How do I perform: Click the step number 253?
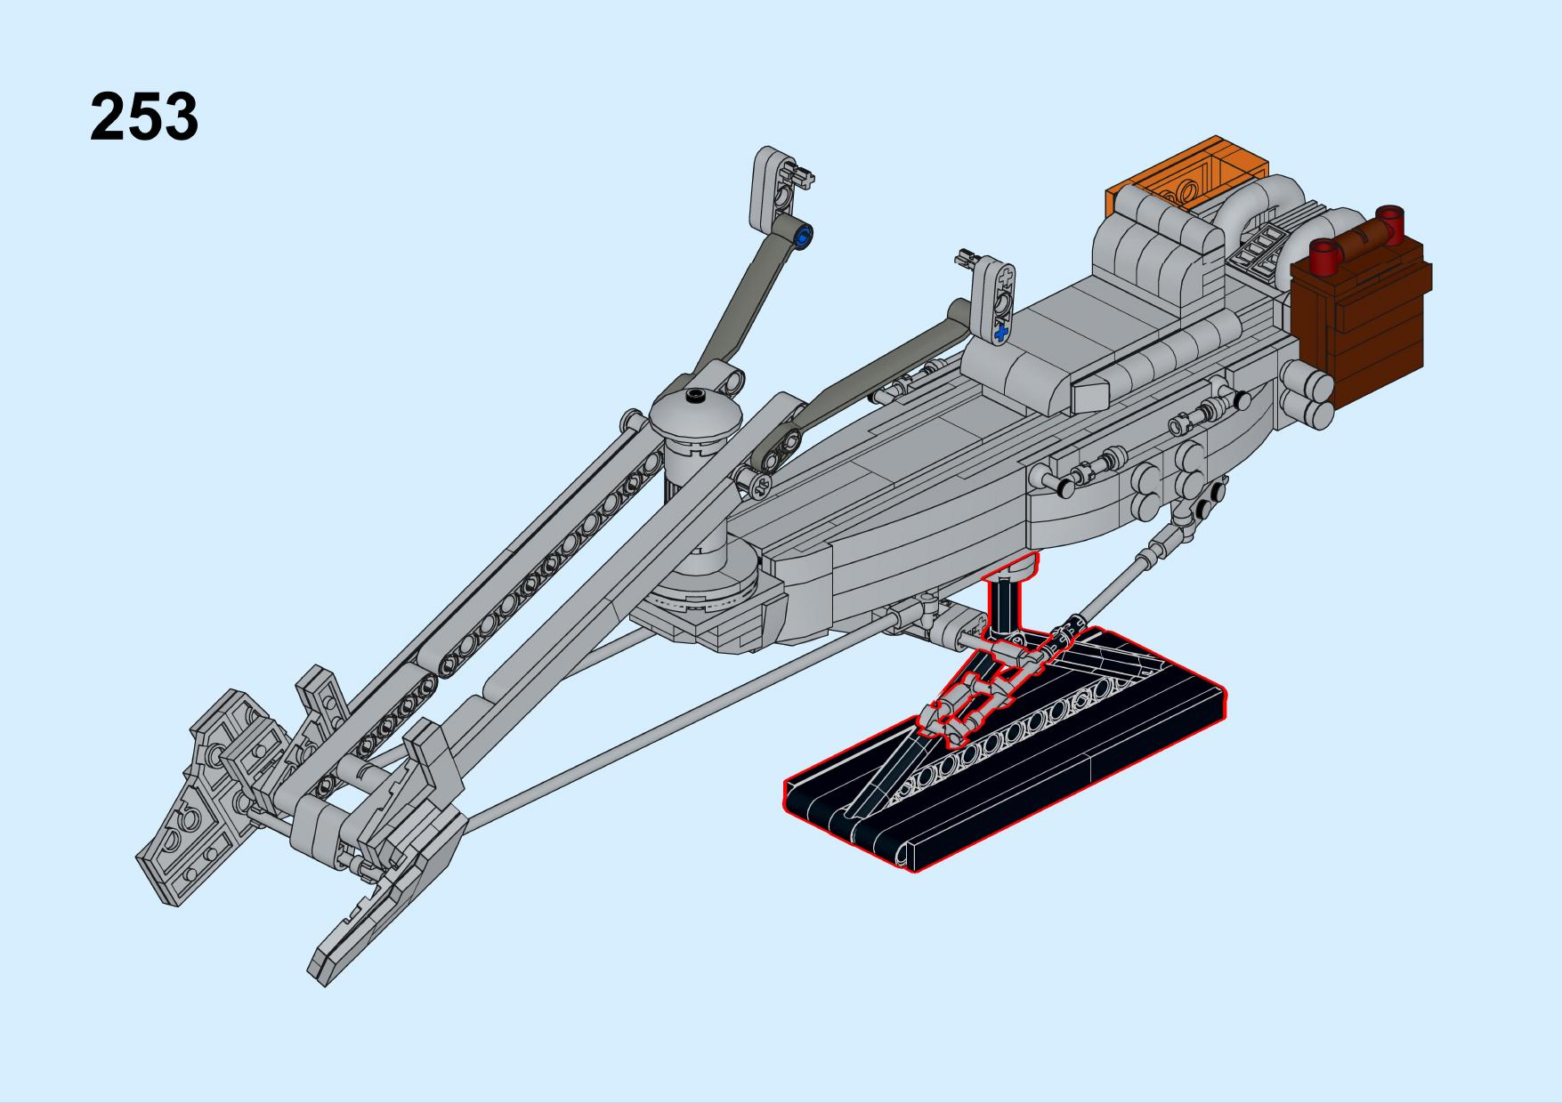pyautogui.click(x=144, y=117)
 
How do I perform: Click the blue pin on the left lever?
pyautogui.click(x=805, y=237)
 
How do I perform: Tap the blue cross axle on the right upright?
pyautogui.click(x=1002, y=334)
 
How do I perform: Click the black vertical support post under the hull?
pyautogui.click(x=1008, y=605)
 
